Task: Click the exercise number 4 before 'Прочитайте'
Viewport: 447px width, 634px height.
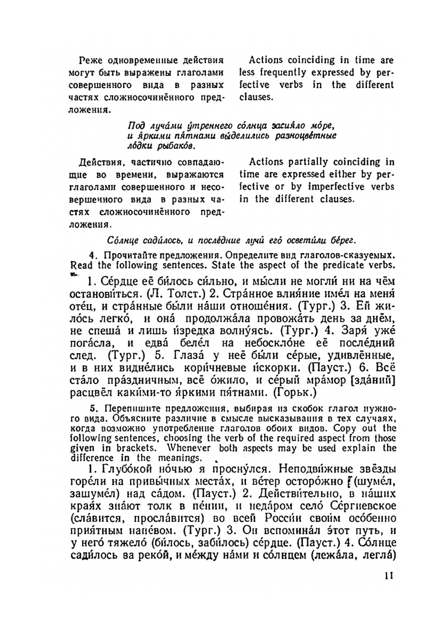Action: point(92,255)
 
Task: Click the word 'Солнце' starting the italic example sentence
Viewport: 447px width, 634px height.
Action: point(121,241)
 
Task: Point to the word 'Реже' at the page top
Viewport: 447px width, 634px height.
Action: point(89,60)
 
